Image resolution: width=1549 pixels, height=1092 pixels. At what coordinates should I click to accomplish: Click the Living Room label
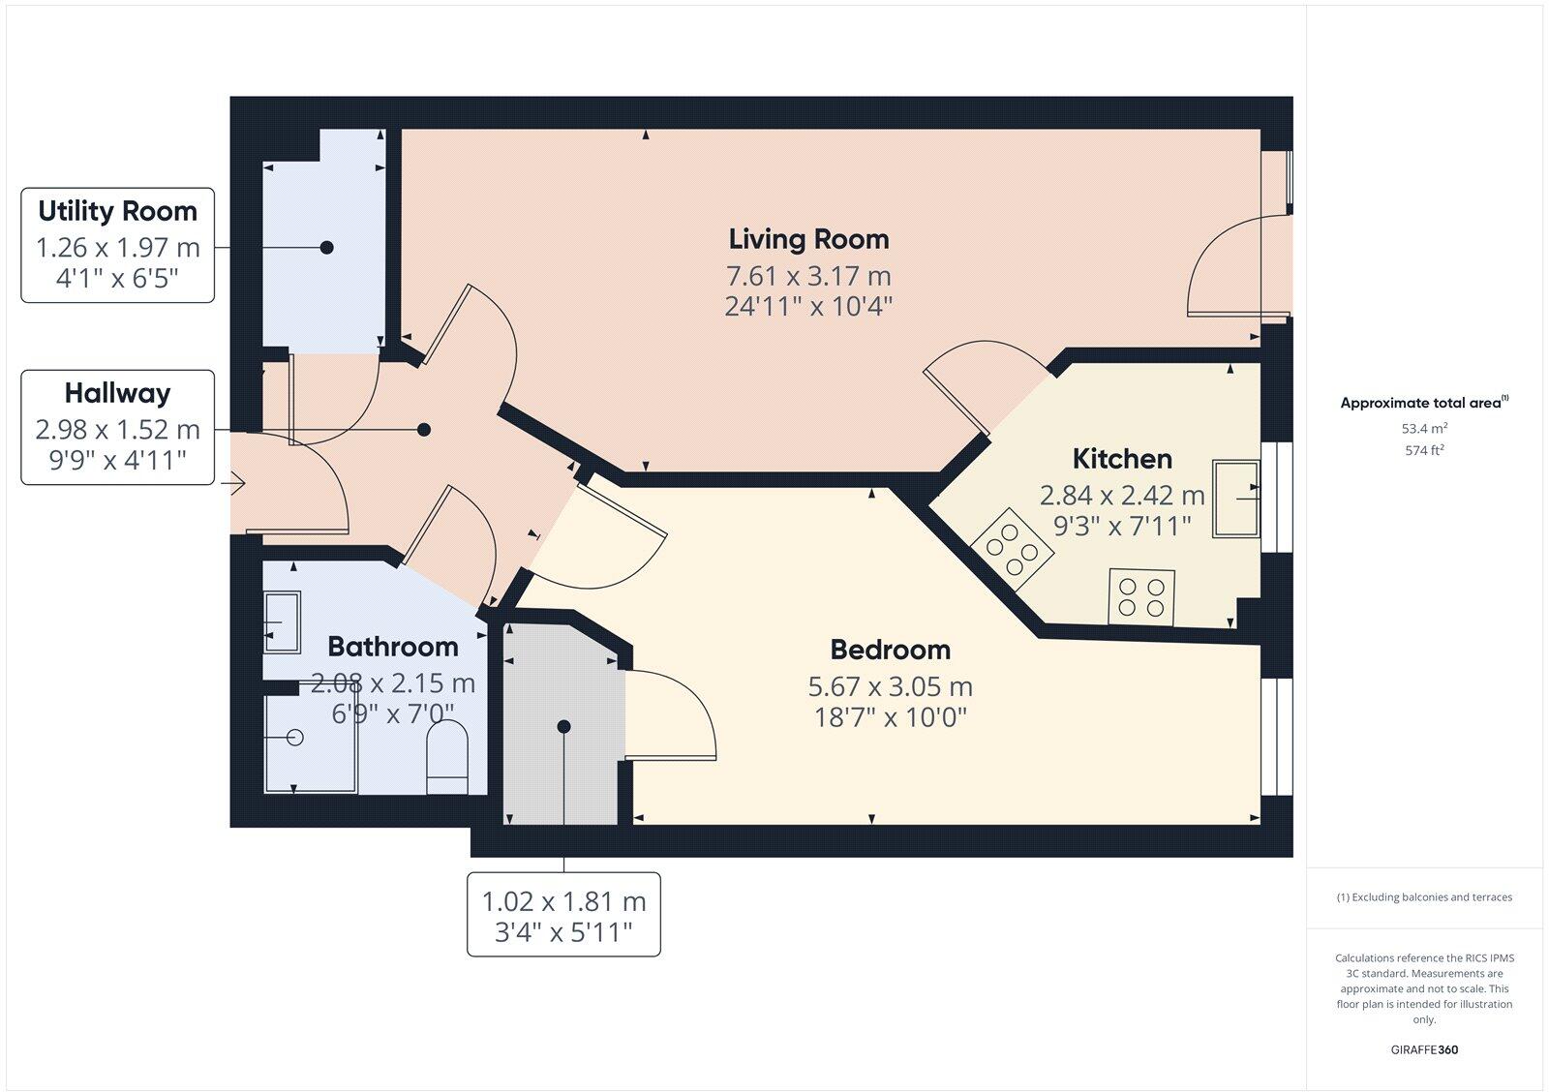pos(808,239)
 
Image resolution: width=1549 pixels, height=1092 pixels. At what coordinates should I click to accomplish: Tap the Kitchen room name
pos(1122,459)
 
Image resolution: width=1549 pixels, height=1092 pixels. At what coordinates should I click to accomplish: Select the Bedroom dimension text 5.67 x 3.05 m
pos(890,686)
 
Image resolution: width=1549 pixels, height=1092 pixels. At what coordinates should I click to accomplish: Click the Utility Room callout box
pos(117,245)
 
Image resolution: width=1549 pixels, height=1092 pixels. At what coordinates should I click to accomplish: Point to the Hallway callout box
pos(117,427)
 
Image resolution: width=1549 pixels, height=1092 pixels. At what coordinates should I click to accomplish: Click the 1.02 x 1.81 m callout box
pos(563,915)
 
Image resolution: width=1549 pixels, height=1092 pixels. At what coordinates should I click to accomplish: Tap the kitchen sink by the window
pos(1236,498)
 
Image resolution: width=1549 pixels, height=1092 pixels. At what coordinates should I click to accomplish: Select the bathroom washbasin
pos(282,622)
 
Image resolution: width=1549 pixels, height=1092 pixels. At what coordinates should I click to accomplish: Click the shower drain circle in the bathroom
pos(296,738)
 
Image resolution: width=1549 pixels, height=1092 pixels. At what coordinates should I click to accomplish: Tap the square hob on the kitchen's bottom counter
pos(1141,596)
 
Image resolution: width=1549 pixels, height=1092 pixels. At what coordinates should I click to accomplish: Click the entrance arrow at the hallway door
pos(236,482)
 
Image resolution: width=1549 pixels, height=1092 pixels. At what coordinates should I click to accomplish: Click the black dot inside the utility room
pos(327,248)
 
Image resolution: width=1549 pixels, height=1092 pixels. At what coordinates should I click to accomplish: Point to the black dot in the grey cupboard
pos(563,726)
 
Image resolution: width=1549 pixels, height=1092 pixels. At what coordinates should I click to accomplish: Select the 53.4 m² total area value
pos(1423,428)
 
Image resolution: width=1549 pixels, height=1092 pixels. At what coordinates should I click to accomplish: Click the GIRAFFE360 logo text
pos(1424,1049)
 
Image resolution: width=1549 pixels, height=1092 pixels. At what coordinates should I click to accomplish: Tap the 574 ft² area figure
pos(1423,450)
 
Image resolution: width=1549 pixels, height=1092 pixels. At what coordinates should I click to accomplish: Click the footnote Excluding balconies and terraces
pos(1424,897)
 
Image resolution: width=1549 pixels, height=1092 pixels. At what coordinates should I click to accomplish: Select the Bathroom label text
pos(393,647)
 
